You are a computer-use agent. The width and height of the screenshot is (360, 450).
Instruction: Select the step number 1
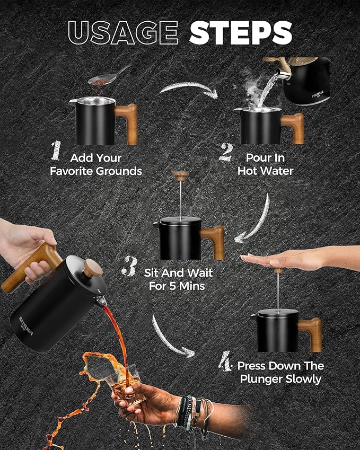pyautogui.click(x=56, y=150)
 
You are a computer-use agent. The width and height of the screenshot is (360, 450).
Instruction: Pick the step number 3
pyautogui.click(x=129, y=266)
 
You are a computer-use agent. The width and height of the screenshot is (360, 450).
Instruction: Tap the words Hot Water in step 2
pyautogui.click(x=265, y=171)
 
